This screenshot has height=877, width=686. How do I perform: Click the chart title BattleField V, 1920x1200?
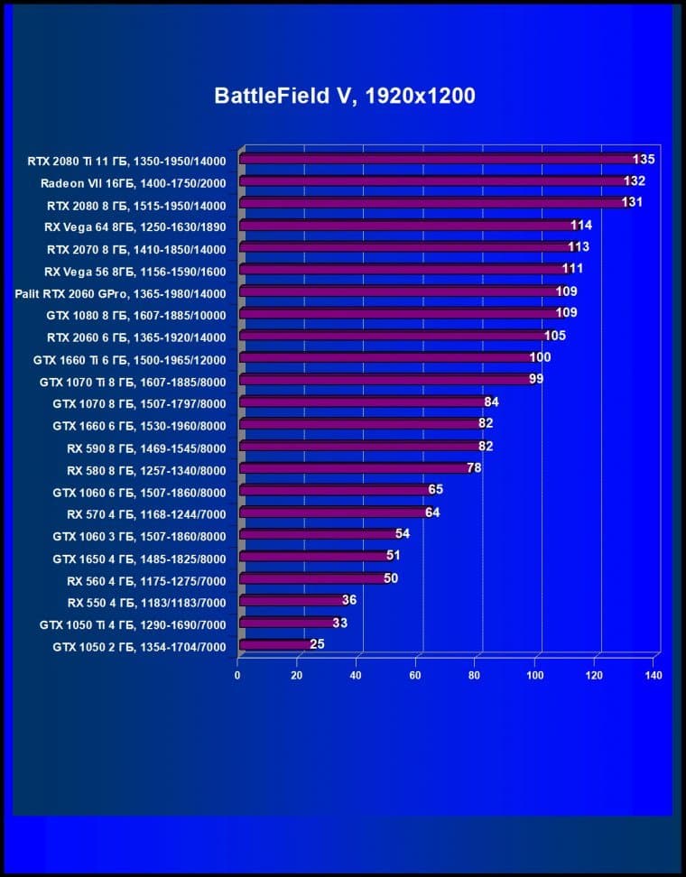pyautogui.click(x=344, y=96)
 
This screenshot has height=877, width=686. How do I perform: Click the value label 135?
pyautogui.click(x=643, y=159)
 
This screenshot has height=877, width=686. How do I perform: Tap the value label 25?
pyautogui.click(x=317, y=644)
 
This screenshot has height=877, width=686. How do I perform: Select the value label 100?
pyautogui.click(x=540, y=357)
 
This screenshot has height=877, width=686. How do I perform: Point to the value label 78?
pyautogui.click(x=474, y=468)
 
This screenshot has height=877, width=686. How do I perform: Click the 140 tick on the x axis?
pyautogui.click(x=654, y=675)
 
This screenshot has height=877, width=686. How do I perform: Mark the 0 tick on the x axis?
pyautogui.click(x=237, y=675)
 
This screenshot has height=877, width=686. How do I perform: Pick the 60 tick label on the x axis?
pyautogui.click(x=416, y=675)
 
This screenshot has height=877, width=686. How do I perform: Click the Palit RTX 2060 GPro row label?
pyautogui.click(x=120, y=292)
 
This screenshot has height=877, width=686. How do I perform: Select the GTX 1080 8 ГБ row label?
pyautogui.click(x=135, y=315)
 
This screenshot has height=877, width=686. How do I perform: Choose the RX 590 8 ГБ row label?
pyautogui.click(x=146, y=448)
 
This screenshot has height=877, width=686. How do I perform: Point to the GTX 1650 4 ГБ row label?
pyautogui.click(x=139, y=558)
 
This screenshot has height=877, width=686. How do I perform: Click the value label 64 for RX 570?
pyautogui.click(x=432, y=512)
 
